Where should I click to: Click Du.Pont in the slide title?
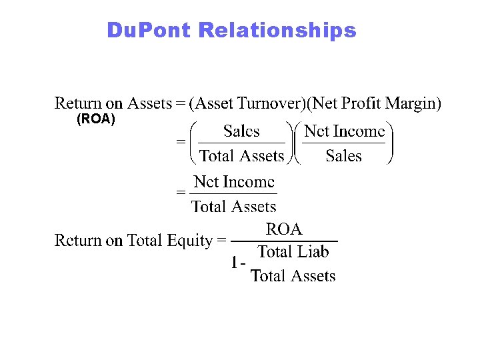coord(149,31)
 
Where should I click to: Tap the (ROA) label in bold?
coord(96,120)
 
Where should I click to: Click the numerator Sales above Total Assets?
coord(241,131)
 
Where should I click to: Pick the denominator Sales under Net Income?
coord(343,157)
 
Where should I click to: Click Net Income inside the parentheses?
coord(344,131)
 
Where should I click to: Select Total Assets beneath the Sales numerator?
coord(241,157)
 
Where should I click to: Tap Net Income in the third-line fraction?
coord(233,182)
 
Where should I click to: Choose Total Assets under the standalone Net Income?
coord(233,207)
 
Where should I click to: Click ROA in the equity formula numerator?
coord(284,230)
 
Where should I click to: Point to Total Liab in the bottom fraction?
coord(293,252)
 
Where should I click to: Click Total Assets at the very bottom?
coord(293,276)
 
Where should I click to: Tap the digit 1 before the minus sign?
coord(234,264)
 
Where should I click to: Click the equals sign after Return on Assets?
coord(180,103)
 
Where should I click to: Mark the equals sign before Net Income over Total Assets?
coord(179,192)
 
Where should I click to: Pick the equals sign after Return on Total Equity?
coord(222,241)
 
